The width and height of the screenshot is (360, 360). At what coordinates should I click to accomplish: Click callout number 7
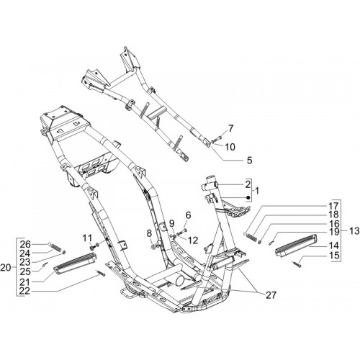coord(230,128)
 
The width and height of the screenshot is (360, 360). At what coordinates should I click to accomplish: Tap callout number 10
coord(230,147)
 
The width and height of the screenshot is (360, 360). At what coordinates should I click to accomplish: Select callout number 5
coord(250,160)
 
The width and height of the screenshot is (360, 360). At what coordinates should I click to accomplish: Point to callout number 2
coord(248,184)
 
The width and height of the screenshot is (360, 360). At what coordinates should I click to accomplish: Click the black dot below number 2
coord(248,198)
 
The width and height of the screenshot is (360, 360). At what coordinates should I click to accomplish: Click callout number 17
coord(334,206)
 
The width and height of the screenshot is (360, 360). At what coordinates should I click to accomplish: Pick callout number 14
coord(334,246)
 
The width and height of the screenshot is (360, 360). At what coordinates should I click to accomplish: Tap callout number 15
coord(334,256)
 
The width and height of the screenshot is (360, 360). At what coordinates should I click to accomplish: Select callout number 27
coord(271,295)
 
